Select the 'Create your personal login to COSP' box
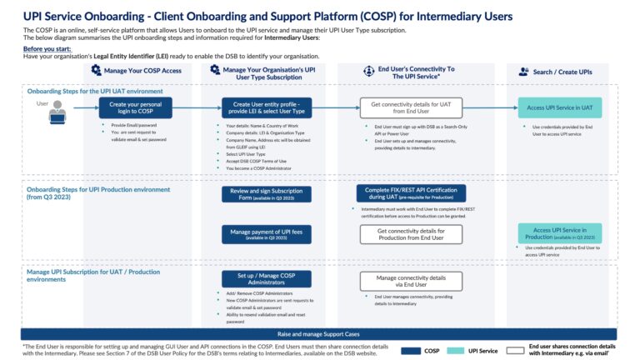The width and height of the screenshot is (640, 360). click(x=128, y=108)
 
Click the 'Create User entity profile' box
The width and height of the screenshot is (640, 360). click(x=268, y=108)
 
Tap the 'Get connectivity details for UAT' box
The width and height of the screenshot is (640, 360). click(x=410, y=108)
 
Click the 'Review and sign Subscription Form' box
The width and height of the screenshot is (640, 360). click(x=267, y=194)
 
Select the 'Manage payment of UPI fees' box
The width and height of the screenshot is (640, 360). click(x=267, y=234)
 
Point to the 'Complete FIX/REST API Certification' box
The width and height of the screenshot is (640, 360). click(x=410, y=193)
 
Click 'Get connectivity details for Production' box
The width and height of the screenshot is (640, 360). click(x=410, y=234)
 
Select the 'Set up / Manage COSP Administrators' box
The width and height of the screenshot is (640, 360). click(x=267, y=280)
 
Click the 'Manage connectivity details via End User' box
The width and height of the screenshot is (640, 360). click(x=410, y=280)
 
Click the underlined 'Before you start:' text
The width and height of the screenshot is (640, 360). click(x=46, y=48)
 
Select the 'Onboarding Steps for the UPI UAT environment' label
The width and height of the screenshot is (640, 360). click(x=94, y=90)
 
